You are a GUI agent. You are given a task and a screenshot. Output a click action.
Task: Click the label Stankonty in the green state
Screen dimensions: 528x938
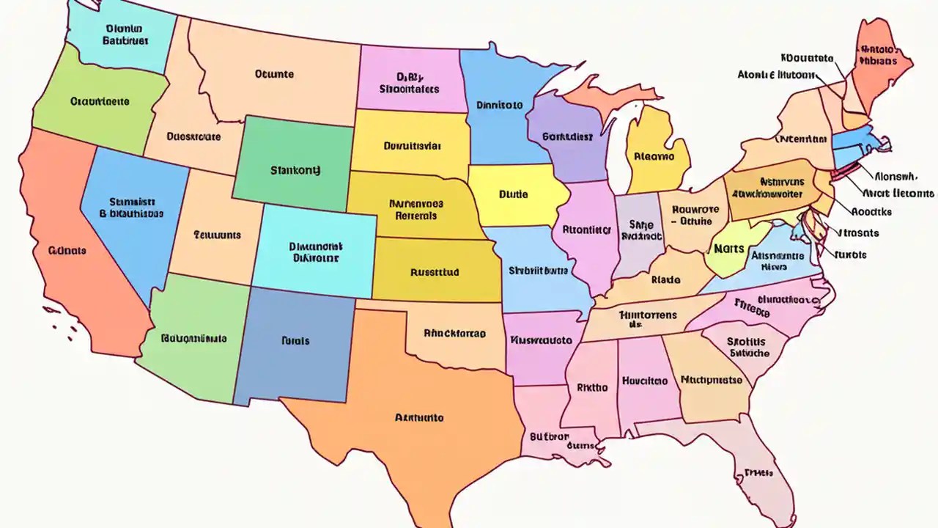tap(295, 170)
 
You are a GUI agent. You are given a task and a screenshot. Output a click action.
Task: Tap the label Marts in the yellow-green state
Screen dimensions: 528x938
tap(728, 249)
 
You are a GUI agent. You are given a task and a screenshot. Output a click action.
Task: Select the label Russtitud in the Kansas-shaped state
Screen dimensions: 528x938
tap(435, 272)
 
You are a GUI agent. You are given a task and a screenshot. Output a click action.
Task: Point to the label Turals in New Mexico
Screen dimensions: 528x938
tap(295, 341)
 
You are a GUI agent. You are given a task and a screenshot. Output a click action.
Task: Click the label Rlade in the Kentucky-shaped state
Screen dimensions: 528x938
tap(665, 279)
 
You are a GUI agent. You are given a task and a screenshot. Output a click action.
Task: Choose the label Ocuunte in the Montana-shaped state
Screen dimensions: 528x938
tap(274, 74)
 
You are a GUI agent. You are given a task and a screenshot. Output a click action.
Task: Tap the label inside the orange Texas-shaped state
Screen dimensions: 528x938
tap(419, 418)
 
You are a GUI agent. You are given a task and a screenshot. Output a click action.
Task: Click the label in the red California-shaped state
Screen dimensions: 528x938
tap(67, 251)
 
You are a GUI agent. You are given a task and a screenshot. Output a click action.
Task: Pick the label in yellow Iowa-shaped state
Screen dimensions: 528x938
tap(513, 195)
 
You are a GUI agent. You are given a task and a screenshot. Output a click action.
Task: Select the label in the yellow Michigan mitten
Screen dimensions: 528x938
tap(654, 155)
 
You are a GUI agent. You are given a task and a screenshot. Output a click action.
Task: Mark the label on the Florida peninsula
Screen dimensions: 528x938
tap(758, 473)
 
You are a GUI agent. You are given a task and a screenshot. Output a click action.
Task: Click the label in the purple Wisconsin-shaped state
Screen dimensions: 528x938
tap(567, 136)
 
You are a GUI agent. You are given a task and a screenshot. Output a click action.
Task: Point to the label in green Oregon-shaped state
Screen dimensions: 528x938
tap(100, 102)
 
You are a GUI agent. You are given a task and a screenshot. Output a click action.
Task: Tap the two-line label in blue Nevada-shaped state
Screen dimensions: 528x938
tap(131, 208)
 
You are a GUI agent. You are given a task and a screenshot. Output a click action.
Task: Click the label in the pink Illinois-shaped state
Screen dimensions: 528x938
tap(586, 230)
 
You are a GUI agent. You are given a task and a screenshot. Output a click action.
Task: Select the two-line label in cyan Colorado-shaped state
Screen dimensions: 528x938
tap(315, 253)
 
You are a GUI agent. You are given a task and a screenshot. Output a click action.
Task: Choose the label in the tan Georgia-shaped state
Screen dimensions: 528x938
tap(711, 380)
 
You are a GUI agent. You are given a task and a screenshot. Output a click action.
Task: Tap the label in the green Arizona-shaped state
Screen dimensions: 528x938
tap(193, 339)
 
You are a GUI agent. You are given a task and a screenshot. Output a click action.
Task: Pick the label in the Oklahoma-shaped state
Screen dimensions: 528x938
tap(454, 333)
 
